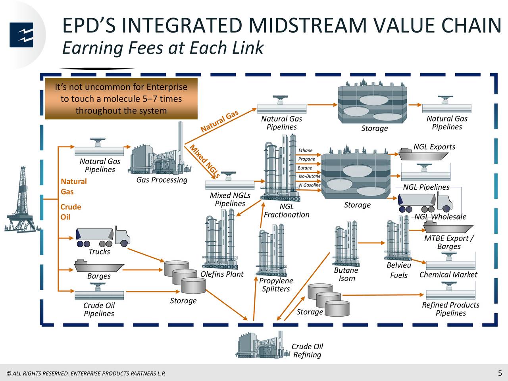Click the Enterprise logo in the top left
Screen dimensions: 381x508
(21, 35)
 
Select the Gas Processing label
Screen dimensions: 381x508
(162, 180)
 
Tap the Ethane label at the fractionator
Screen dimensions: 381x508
(305, 150)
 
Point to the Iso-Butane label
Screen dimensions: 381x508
(309, 176)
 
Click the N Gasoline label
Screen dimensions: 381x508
(310, 185)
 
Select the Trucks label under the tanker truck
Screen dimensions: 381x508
(99, 252)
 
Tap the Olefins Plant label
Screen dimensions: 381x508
(221, 274)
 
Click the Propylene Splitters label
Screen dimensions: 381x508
(276, 285)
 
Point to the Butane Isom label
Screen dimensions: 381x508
(346, 274)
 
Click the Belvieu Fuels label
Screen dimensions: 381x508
(399, 270)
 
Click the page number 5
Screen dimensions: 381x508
(500, 373)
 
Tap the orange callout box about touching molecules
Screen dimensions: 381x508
(121, 99)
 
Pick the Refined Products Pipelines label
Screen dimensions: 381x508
(450, 309)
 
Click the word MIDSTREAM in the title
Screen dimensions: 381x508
(310, 25)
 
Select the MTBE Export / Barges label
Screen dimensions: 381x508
(449, 242)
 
